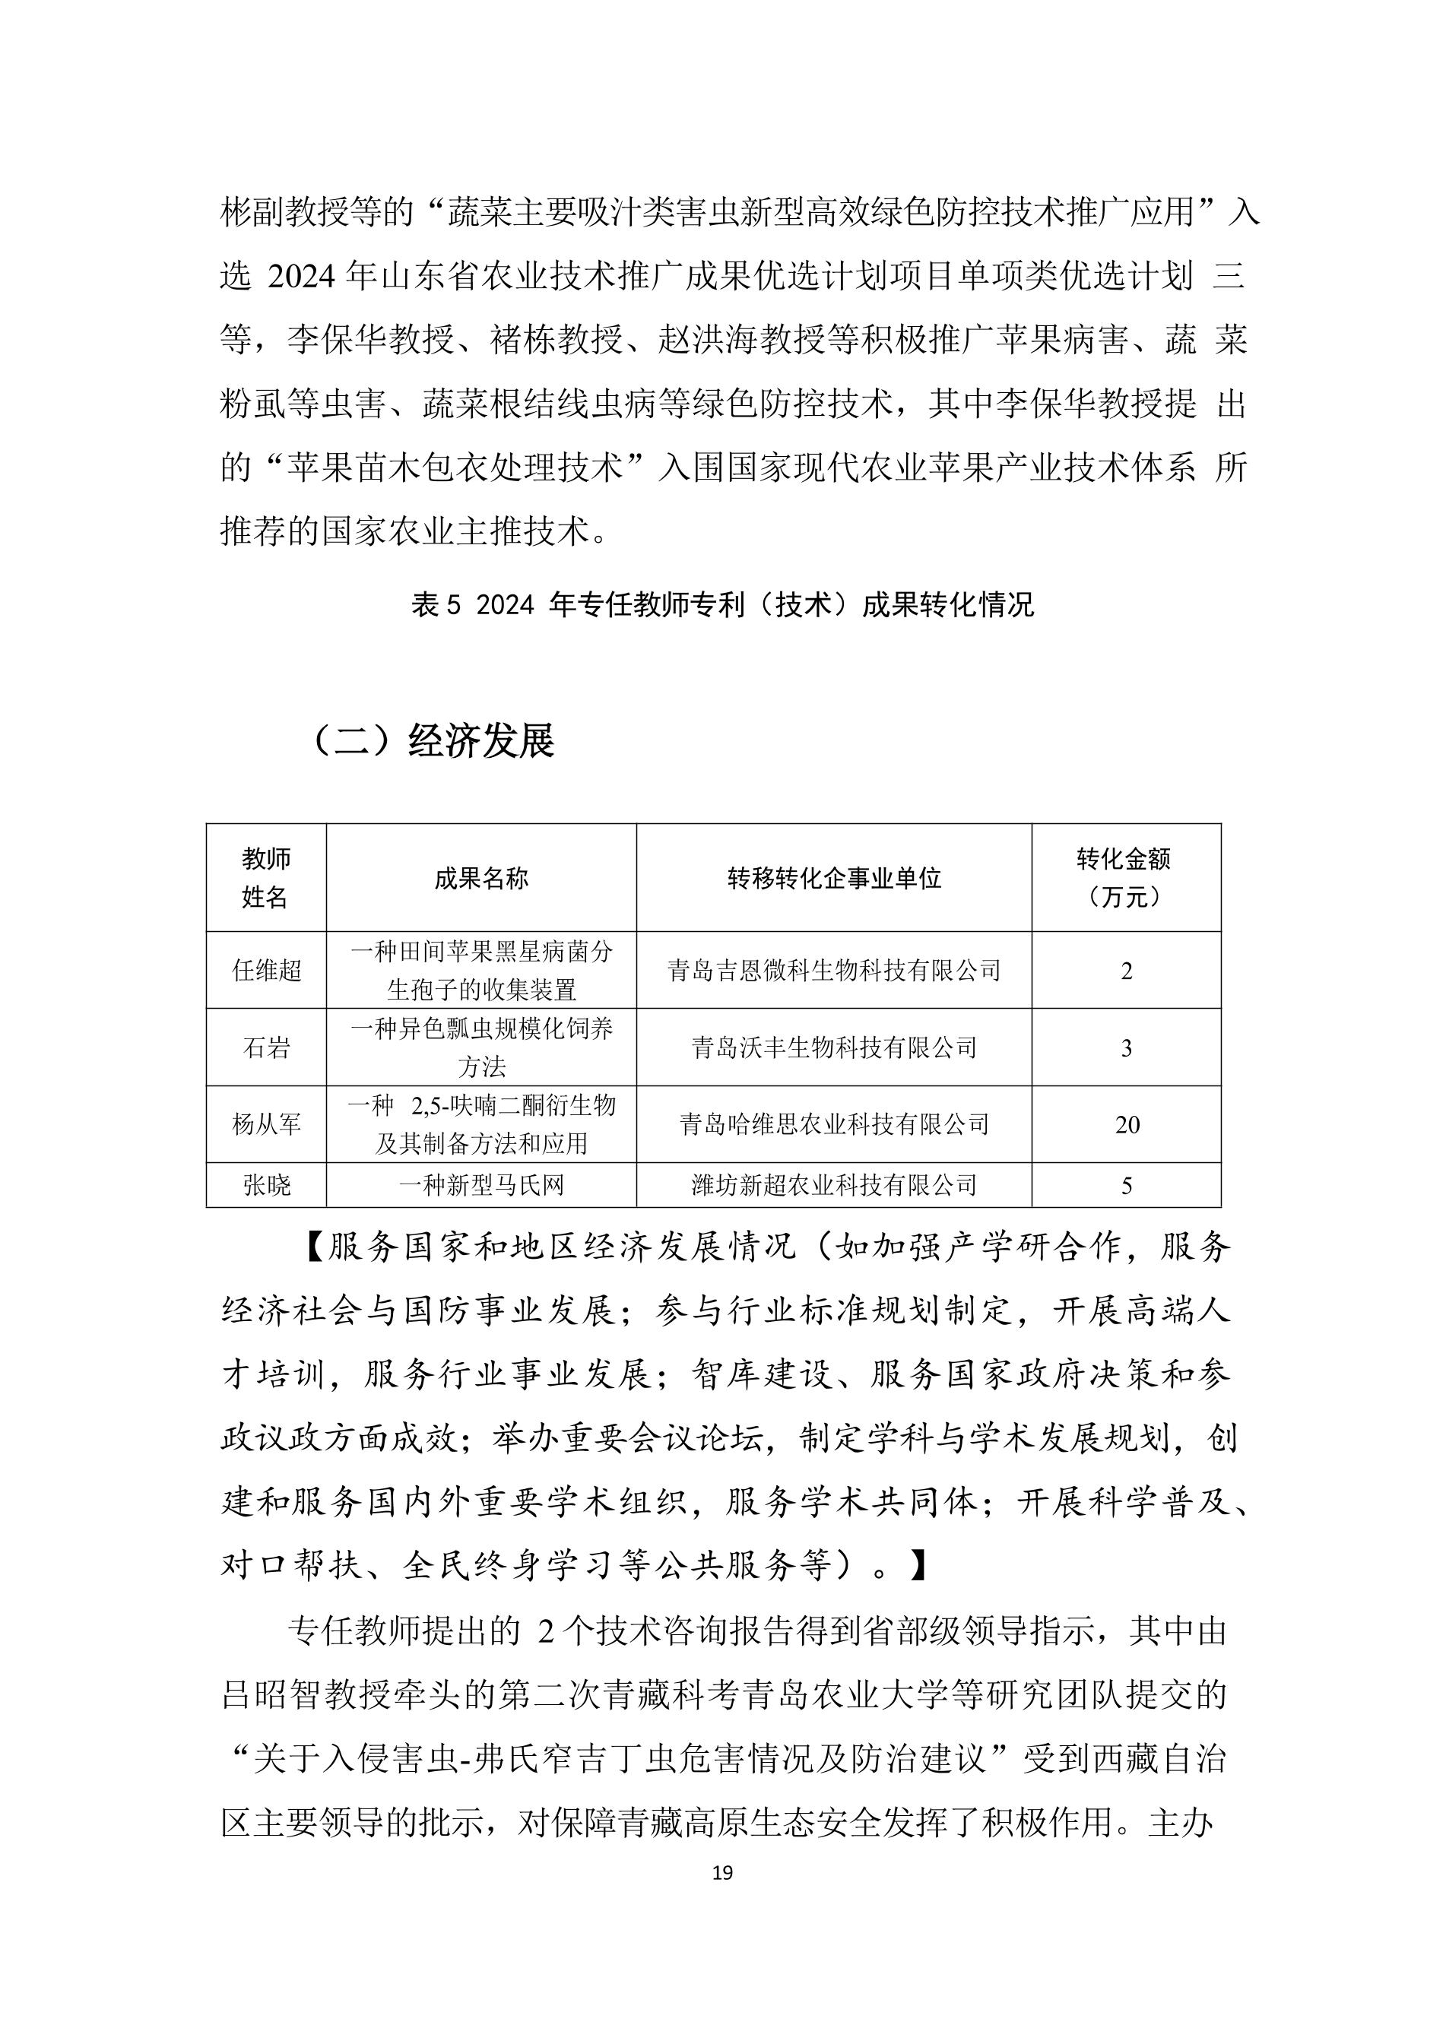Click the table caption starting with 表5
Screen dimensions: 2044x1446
coord(722,605)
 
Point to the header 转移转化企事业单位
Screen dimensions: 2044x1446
coord(834,879)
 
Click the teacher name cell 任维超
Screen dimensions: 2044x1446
coord(267,971)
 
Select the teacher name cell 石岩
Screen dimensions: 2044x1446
coord(267,1047)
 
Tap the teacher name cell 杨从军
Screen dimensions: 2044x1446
coord(267,1124)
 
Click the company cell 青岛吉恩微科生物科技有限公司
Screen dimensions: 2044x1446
coord(834,971)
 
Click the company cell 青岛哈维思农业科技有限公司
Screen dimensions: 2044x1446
coord(834,1124)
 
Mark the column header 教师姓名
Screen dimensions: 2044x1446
coord(267,878)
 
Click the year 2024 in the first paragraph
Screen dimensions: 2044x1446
coord(300,277)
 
